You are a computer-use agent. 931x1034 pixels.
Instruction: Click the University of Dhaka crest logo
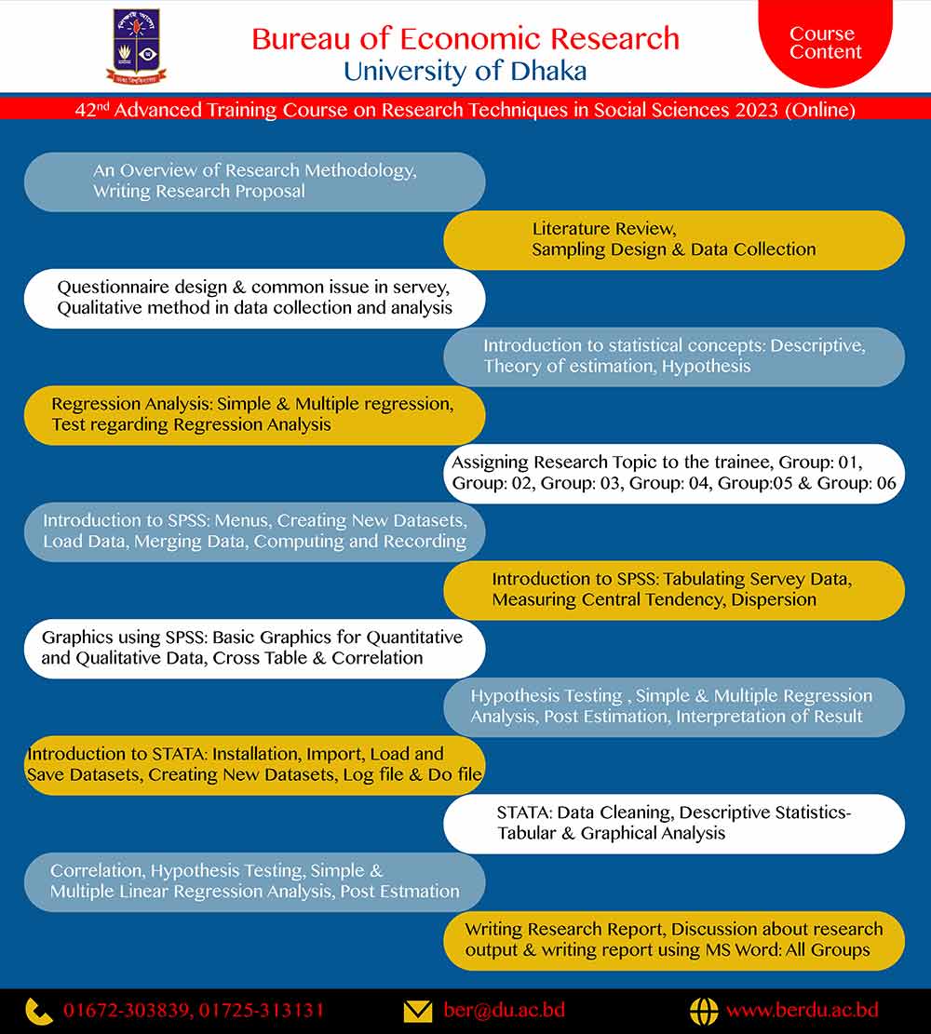136,45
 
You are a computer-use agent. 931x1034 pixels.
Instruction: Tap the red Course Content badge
825,42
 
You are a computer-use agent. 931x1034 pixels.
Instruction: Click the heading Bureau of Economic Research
465,38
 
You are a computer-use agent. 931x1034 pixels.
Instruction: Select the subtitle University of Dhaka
465,71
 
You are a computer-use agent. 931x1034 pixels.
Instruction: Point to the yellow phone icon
39,1011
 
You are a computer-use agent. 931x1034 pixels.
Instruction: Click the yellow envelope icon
418,1011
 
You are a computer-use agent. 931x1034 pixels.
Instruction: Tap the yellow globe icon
703,1011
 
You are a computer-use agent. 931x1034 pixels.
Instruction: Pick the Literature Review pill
674,239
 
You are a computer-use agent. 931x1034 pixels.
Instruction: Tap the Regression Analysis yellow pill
254,414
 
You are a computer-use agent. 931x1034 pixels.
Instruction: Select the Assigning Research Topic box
674,473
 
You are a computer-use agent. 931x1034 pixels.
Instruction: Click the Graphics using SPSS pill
254,648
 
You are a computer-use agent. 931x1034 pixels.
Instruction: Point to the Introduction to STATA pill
254,764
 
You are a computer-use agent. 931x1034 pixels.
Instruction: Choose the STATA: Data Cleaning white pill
674,823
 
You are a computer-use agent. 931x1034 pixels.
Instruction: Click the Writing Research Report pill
674,939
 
